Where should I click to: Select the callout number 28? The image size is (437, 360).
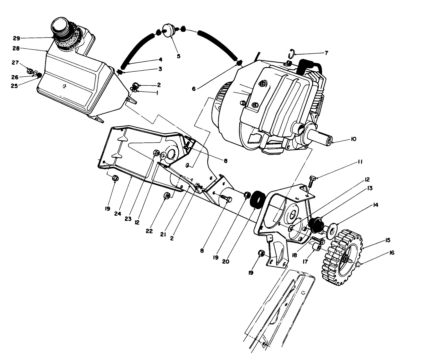click(x=16, y=49)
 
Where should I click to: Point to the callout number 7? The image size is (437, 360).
click(x=326, y=53)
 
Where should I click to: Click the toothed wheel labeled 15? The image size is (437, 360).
click(x=342, y=256)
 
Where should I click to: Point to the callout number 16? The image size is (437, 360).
click(x=391, y=253)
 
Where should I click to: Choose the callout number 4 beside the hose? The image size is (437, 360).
click(x=161, y=60)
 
